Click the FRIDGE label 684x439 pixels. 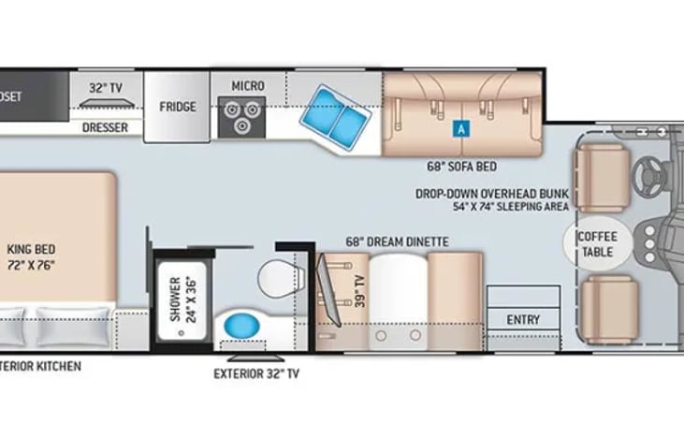tap(177, 107)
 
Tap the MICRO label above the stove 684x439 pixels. tap(248, 86)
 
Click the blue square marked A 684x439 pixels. tap(459, 130)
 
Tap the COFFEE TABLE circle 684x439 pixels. tap(597, 241)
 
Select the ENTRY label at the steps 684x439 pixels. tap(523, 319)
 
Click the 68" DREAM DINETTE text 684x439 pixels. tap(397, 242)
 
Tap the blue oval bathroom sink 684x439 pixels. tap(241, 328)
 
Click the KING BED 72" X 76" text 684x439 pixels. tap(33, 256)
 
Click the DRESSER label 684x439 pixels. tap(105, 127)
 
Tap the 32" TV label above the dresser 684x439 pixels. tap(105, 87)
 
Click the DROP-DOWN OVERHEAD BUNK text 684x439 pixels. tap(494, 197)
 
